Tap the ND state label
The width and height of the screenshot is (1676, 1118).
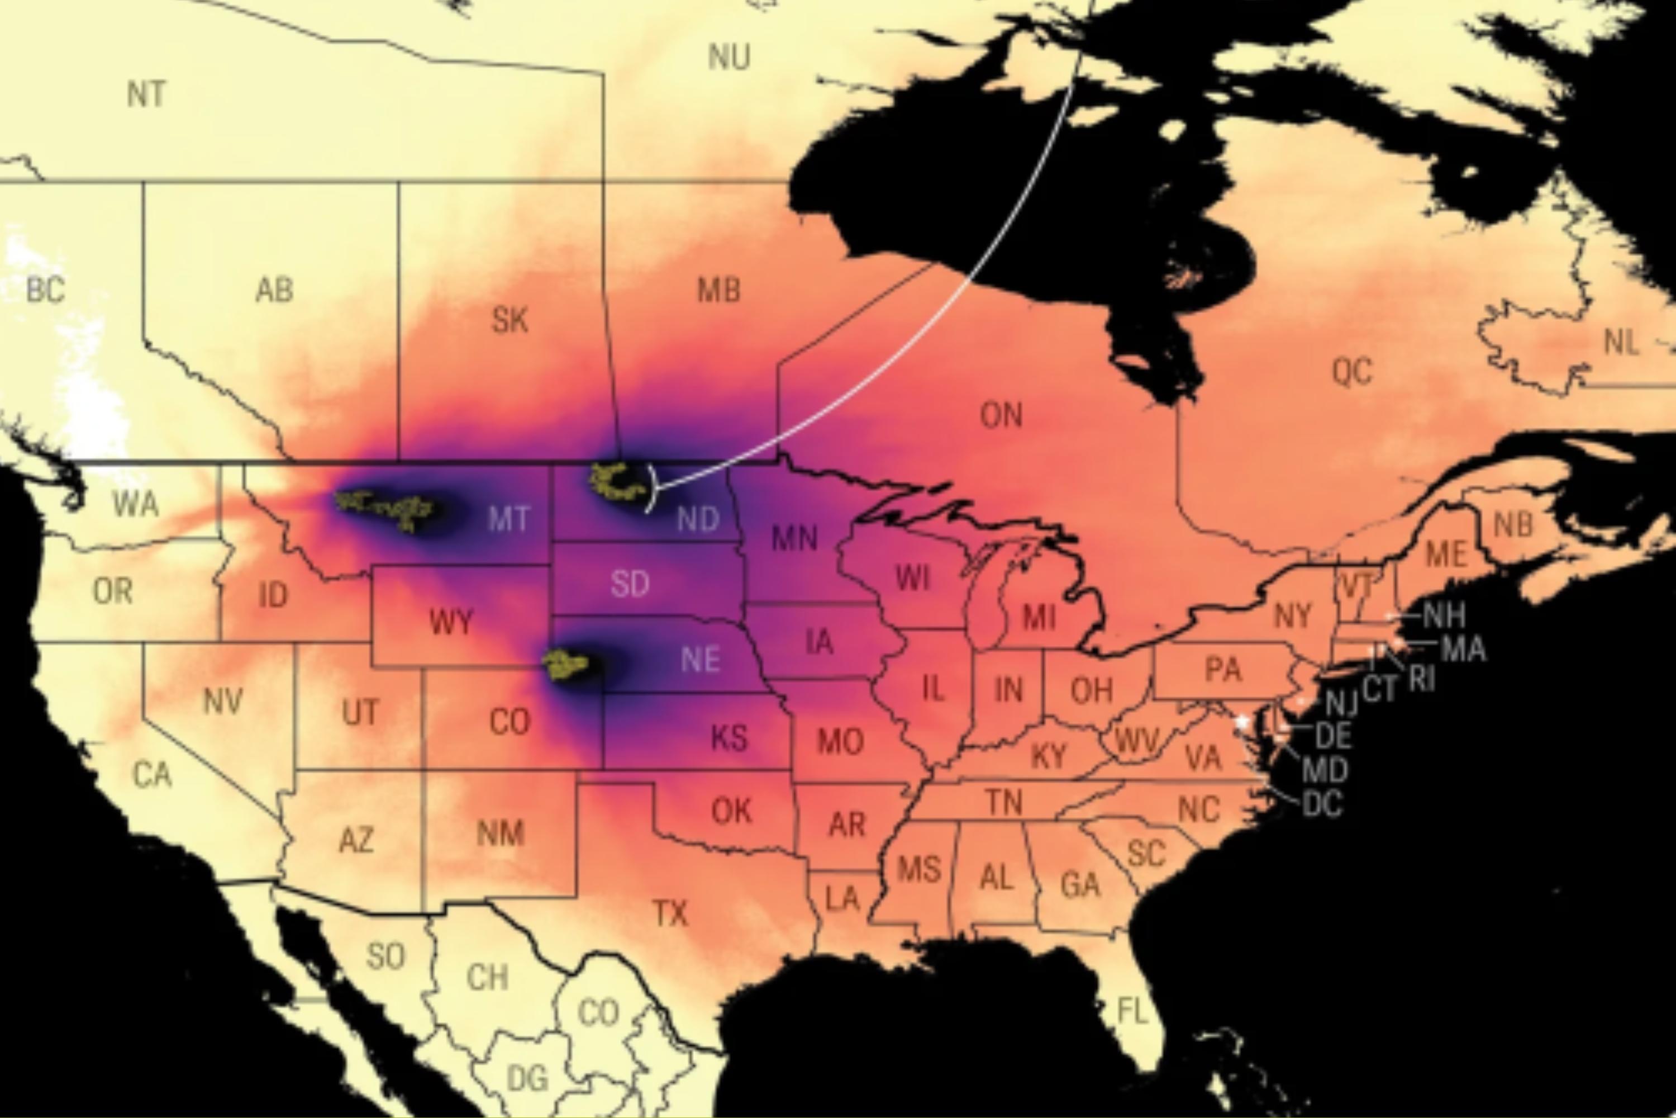click(698, 520)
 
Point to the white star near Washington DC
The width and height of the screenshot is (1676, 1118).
click(1242, 722)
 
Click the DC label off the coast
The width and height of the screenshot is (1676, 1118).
click(1322, 804)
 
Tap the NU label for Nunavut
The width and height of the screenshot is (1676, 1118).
click(729, 57)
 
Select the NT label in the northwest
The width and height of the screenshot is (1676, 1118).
click(147, 94)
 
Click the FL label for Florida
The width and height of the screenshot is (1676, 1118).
click(1132, 1010)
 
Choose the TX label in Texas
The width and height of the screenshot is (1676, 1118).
click(670, 913)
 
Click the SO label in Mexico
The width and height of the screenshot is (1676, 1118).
click(385, 956)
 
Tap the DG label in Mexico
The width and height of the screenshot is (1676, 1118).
click(527, 1077)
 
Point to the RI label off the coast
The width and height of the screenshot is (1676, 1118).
click(1422, 680)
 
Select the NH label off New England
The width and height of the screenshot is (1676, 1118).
click(1444, 614)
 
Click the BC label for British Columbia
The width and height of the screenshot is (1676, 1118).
click(46, 290)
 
